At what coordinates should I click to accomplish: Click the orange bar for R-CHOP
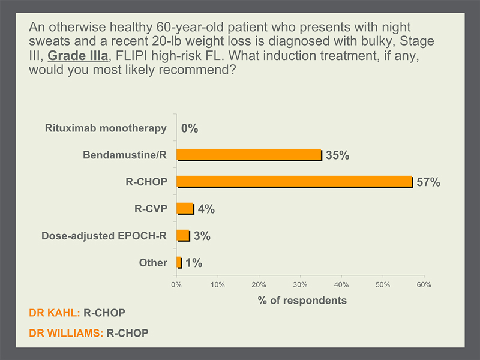pyautogui.click(x=295, y=182)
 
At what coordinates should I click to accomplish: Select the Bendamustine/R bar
pyautogui.click(x=250, y=155)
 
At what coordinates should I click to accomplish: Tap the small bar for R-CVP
pyautogui.click(x=185, y=209)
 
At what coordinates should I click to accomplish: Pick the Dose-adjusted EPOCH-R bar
pyautogui.click(x=184, y=236)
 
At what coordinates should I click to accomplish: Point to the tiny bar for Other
pyautogui.click(x=179, y=263)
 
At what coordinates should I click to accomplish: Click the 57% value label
pyautogui.click(x=428, y=182)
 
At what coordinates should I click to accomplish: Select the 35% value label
pyautogui.click(x=337, y=155)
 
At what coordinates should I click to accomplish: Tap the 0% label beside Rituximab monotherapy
pyautogui.click(x=190, y=128)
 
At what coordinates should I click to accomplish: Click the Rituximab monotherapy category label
pyautogui.click(x=106, y=128)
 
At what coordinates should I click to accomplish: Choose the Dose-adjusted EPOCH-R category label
pyautogui.click(x=104, y=236)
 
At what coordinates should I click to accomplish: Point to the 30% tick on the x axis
pyautogui.click(x=300, y=284)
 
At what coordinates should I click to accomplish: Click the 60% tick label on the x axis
pyautogui.click(x=424, y=284)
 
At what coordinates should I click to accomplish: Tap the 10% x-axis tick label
pyautogui.click(x=218, y=284)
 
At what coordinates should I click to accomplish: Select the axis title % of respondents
pyautogui.click(x=302, y=301)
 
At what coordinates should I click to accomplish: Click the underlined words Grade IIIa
pyautogui.click(x=78, y=55)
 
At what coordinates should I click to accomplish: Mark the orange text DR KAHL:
pyautogui.click(x=55, y=313)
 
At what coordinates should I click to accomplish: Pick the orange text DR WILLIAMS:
pyautogui.click(x=66, y=333)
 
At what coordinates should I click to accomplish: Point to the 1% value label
pyautogui.click(x=194, y=263)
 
